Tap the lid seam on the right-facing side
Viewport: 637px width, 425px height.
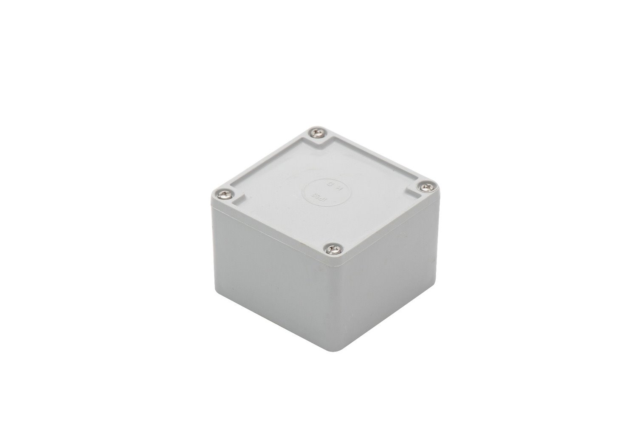[386, 230]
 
